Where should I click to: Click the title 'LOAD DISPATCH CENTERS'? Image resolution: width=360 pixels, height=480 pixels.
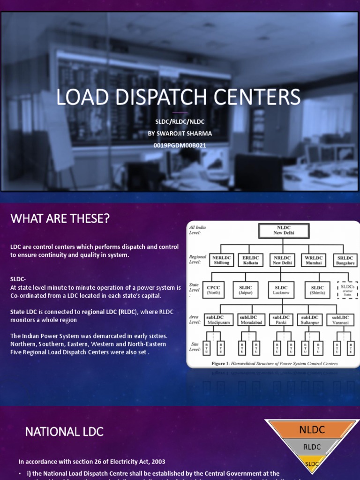[x=178, y=97]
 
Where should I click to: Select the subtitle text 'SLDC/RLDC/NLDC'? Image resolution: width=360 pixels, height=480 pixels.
[x=180, y=122]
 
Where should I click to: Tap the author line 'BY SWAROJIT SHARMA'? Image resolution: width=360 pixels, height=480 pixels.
[x=180, y=134]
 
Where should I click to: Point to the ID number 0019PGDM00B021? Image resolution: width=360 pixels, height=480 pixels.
[x=180, y=145]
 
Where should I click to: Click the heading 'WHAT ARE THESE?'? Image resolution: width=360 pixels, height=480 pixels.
[x=60, y=218]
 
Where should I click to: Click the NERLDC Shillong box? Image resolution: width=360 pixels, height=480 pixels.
[x=221, y=260]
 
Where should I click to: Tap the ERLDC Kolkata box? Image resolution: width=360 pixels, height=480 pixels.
[x=250, y=260]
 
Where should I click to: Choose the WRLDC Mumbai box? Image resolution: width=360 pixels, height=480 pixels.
[x=314, y=260]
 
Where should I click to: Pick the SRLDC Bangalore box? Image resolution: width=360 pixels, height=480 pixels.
[x=345, y=260]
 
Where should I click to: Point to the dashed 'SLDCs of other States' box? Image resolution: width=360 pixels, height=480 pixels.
[x=347, y=290]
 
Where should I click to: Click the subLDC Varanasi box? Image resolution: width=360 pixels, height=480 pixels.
[x=340, y=320]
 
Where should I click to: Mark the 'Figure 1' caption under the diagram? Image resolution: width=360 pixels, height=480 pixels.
[x=274, y=363]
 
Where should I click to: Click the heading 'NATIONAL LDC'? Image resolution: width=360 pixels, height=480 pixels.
[x=64, y=432]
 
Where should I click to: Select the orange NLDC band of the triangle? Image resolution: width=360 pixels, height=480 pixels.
[x=312, y=429]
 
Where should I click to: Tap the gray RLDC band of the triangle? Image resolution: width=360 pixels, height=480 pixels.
[x=312, y=447]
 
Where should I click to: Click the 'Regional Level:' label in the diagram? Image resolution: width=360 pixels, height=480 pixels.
[x=198, y=260]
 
